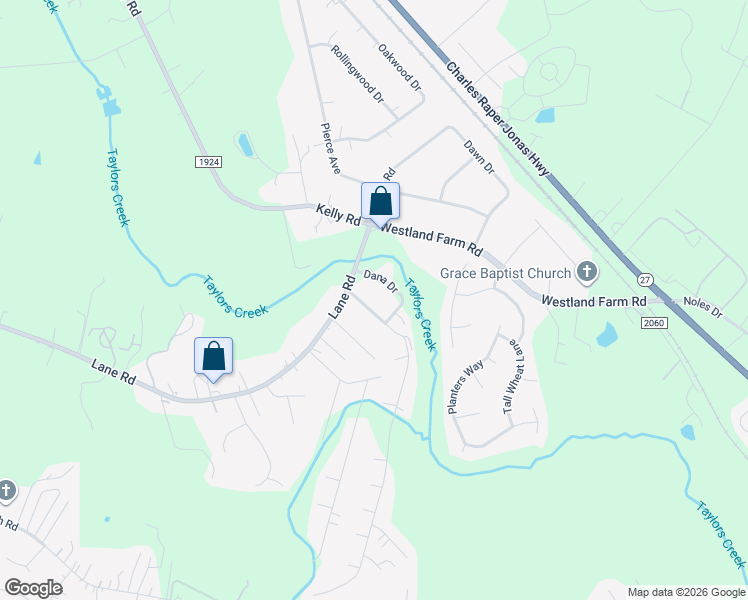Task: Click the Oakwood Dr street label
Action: click(399, 67)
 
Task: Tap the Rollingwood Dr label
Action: click(357, 76)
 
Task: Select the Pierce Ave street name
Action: click(331, 148)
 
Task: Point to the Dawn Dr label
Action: click(479, 155)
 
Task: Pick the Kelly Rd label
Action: click(337, 211)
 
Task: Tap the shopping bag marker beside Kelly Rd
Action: click(380, 201)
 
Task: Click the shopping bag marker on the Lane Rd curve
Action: click(213, 356)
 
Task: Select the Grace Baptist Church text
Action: click(506, 273)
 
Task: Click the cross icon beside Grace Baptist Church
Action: click(587, 272)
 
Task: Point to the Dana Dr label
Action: click(381, 282)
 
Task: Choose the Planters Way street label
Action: click(465, 386)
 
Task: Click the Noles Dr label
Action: click(702, 306)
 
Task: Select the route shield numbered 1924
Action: click(208, 161)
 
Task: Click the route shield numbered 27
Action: click(645, 281)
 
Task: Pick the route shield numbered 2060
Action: click(654, 323)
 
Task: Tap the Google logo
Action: click(33, 587)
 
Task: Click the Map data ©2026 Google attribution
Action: click(685, 591)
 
